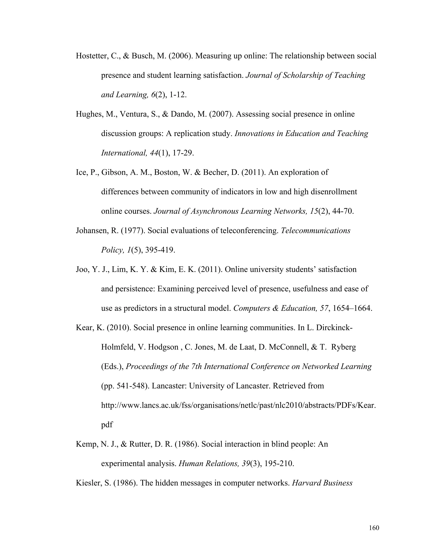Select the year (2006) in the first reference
pyautogui.click(x=180, y=56)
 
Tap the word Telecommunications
pyautogui.click(x=315, y=231)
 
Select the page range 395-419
pyautogui.click(x=160, y=250)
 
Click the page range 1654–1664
pyautogui.click(x=353, y=308)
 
